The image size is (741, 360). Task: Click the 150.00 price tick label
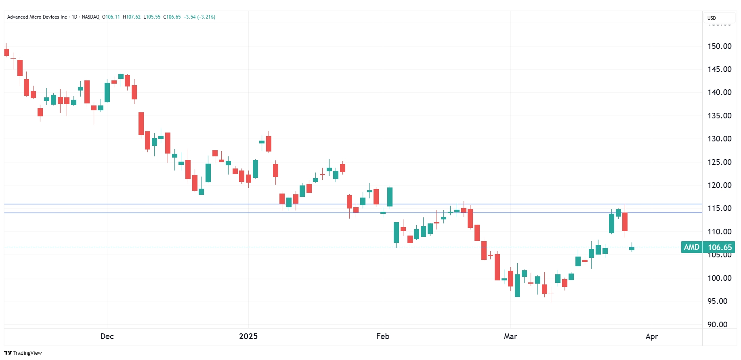point(719,46)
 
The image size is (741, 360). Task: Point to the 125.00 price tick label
point(719,162)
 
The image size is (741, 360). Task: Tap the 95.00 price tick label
point(717,301)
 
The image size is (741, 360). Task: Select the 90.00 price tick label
point(717,324)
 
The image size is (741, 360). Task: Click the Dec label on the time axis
point(107,336)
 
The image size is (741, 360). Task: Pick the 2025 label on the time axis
point(248,336)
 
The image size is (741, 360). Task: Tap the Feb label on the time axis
point(383,336)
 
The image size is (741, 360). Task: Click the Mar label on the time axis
point(510,336)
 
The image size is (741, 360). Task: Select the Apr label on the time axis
point(652,336)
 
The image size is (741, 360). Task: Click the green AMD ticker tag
point(691,247)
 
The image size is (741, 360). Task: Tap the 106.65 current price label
point(720,247)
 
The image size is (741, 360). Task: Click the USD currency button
point(712,18)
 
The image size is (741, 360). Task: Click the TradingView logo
point(23,353)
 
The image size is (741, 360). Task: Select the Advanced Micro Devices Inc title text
point(37,17)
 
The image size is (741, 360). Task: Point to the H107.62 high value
point(132,17)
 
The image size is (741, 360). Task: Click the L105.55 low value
point(152,17)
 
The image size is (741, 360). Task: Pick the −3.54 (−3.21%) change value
point(199,17)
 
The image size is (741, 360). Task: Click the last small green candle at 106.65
point(632,248)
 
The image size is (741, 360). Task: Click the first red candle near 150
point(6,52)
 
